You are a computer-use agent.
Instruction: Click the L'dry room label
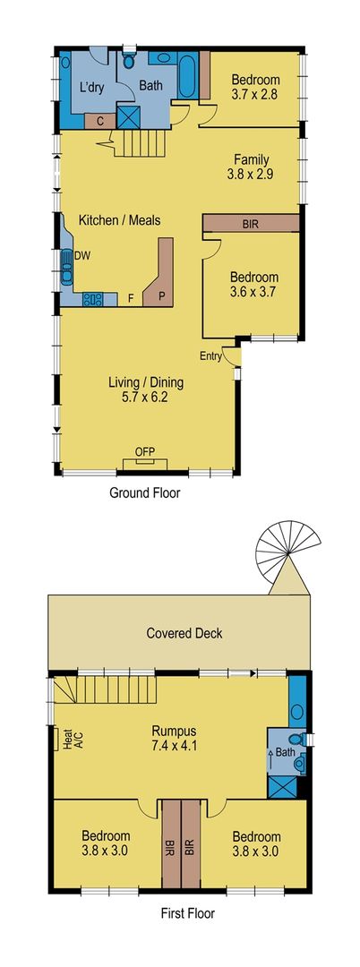coord(90,87)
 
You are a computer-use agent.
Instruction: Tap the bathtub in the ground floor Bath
coord(189,77)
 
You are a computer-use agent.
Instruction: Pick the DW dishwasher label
coord(82,255)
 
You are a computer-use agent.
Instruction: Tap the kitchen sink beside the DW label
coord(67,266)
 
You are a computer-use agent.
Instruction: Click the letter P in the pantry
coord(162,295)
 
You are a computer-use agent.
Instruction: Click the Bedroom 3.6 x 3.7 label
coord(253,285)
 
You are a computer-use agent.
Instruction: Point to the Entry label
coord(211,356)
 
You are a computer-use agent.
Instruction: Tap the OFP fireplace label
coord(144,450)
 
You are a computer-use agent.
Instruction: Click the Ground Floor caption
coord(144,492)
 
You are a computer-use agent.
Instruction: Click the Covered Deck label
coord(184,634)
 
